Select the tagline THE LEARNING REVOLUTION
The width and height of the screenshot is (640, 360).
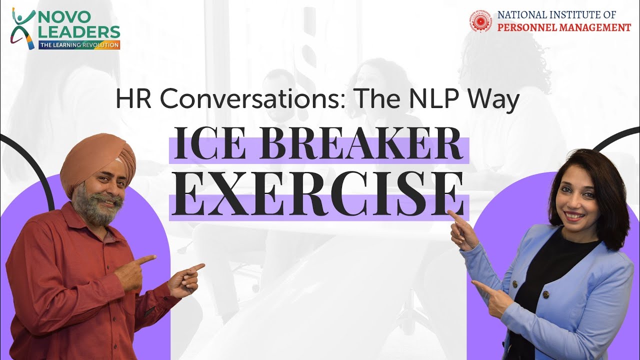79,45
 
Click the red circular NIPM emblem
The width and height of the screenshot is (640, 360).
480,21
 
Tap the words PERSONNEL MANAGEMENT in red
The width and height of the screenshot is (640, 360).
564,27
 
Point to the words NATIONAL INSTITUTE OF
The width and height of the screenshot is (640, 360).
556,15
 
